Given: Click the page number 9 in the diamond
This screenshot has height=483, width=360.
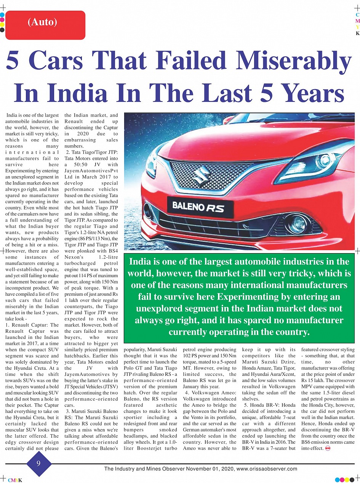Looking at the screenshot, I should (x=39, y=463).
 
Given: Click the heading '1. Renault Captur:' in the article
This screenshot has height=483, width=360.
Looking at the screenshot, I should (x=32, y=325).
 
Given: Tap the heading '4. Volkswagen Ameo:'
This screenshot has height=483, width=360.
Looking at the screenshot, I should (x=210, y=393).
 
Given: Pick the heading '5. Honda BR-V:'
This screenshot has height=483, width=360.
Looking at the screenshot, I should (x=269, y=405).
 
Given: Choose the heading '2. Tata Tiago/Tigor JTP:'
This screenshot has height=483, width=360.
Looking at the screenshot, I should (x=91, y=152).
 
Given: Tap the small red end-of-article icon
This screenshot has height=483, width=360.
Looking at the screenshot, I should (x=327, y=448).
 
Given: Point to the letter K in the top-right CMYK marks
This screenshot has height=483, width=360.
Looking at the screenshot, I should (x=357, y=33).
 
